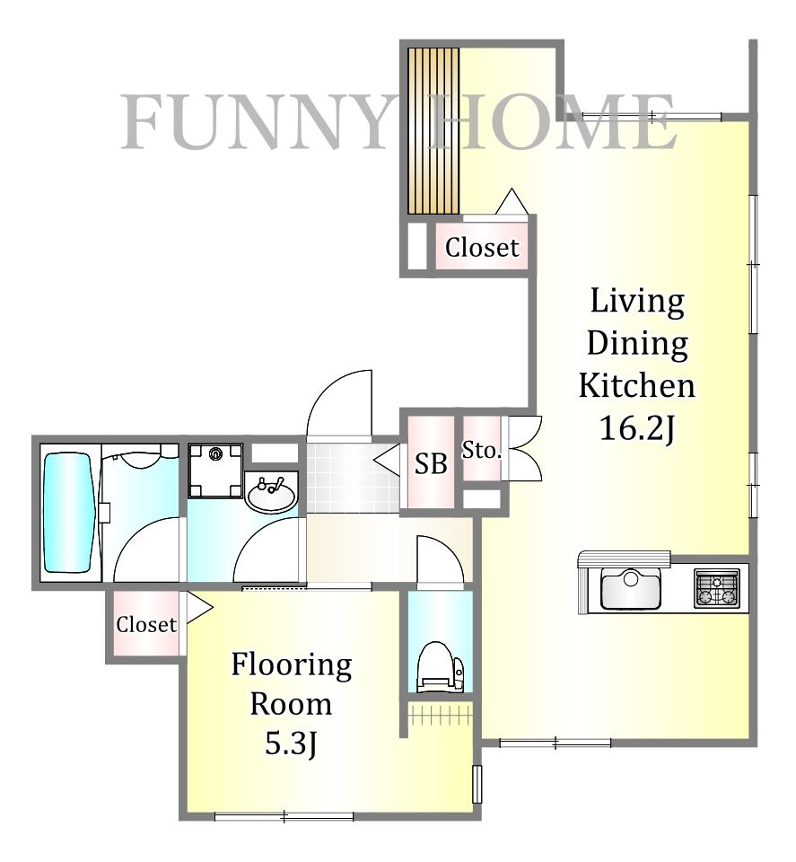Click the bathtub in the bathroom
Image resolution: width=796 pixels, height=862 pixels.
coord(67,512)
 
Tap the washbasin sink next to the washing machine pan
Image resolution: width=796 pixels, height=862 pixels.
coord(271,496)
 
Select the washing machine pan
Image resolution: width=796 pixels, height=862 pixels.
coord(215,470)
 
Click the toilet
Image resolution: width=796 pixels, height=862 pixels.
coord(440,667)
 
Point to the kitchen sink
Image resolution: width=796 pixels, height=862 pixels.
coord(630,587)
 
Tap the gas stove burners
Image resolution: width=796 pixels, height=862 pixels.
coord(716,588)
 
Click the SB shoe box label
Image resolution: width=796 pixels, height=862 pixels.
coord(431,464)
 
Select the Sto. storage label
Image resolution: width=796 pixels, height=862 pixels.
coord(482,451)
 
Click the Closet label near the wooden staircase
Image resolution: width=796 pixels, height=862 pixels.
coord(482,248)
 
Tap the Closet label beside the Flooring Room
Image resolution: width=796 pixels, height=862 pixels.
coord(146,625)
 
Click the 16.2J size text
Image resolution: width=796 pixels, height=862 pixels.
coord(637,428)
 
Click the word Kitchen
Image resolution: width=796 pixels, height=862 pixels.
coord(637,385)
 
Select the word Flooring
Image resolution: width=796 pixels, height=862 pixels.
coord(291,664)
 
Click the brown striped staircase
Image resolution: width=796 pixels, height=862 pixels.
coord(433,131)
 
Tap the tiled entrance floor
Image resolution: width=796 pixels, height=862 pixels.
coord(353,478)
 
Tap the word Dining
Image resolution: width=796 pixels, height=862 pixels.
coord(637,344)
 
